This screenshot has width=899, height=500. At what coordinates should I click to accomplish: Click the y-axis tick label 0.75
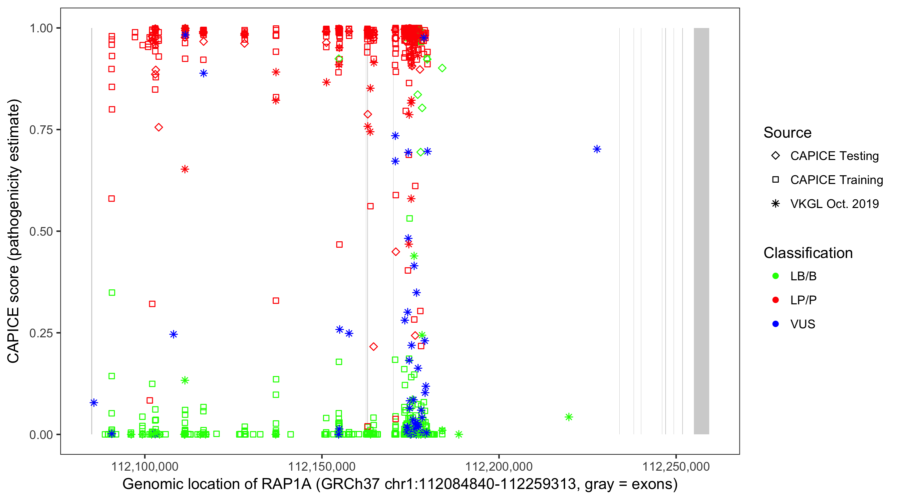coord(41,130)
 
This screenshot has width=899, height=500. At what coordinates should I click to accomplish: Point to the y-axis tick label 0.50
coord(41,231)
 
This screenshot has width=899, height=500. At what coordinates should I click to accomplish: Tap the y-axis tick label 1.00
coord(41,28)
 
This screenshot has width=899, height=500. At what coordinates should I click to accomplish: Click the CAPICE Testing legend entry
coord(834,156)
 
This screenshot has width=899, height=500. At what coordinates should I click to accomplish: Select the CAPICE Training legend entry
coord(836,180)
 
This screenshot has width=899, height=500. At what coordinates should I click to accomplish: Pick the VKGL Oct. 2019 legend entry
coord(834,204)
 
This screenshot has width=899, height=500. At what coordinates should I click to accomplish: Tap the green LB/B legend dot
coord(775,276)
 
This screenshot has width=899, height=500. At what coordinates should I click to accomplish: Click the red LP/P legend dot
coord(775,300)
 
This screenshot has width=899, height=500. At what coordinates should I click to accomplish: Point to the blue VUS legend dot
coord(775,324)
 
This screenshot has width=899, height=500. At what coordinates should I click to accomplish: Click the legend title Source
coord(787,133)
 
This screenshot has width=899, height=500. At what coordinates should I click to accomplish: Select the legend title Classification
coord(808,253)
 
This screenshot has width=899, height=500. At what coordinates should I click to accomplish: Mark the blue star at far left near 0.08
coord(94,403)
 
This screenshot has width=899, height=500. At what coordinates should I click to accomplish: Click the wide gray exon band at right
coord(701,231)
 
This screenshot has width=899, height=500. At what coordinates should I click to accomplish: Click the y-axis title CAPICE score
coord(14,231)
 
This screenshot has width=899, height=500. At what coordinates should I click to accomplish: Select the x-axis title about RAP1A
coord(400,484)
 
